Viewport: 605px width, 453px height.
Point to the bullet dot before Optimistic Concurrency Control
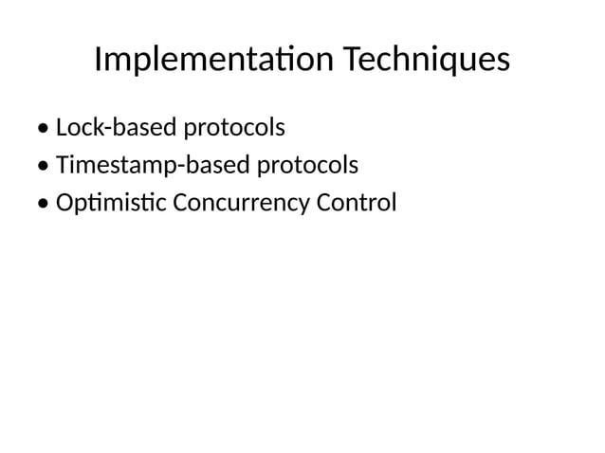click(46, 206)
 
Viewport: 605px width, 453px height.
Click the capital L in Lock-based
click(63, 127)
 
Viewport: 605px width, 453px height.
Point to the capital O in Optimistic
click(66, 204)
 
